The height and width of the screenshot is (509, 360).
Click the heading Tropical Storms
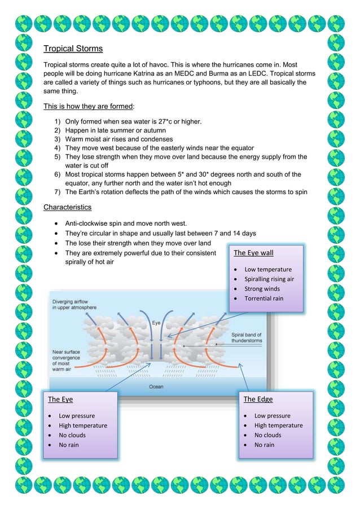coord(73,49)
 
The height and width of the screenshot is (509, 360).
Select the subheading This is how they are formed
coord(88,106)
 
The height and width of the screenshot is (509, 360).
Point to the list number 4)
coord(58,148)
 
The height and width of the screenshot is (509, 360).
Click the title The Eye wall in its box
coord(253,253)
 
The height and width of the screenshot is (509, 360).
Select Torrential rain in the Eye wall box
coord(264,299)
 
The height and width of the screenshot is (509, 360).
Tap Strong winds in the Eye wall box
coord(262,289)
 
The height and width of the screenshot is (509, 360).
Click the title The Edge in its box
coord(258,400)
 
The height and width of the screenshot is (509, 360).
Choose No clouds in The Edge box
coord(267,435)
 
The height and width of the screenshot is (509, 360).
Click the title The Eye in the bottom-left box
coord(60,400)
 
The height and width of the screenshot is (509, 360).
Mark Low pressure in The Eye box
coord(77,416)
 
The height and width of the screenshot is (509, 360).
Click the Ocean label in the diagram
coord(156,387)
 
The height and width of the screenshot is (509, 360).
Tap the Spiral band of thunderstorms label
coord(247,337)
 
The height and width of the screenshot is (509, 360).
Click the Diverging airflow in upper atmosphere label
coord(73,305)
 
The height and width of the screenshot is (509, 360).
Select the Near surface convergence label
coord(63,363)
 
